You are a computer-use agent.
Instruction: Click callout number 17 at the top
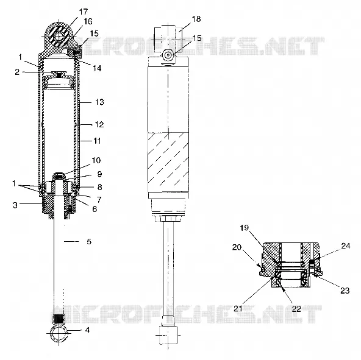(x=84, y=12)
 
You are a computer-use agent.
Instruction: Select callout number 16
(x=88, y=21)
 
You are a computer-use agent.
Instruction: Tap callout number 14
(x=97, y=68)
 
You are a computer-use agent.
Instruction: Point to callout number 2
(x=17, y=72)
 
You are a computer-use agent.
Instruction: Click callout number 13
(x=99, y=102)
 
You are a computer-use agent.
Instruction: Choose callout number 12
(x=99, y=124)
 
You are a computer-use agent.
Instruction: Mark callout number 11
(x=97, y=141)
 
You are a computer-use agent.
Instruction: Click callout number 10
(x=96, y=160)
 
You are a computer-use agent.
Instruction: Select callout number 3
(x=15, y=205)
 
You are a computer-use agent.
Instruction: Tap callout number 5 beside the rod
(x=89, y=242)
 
